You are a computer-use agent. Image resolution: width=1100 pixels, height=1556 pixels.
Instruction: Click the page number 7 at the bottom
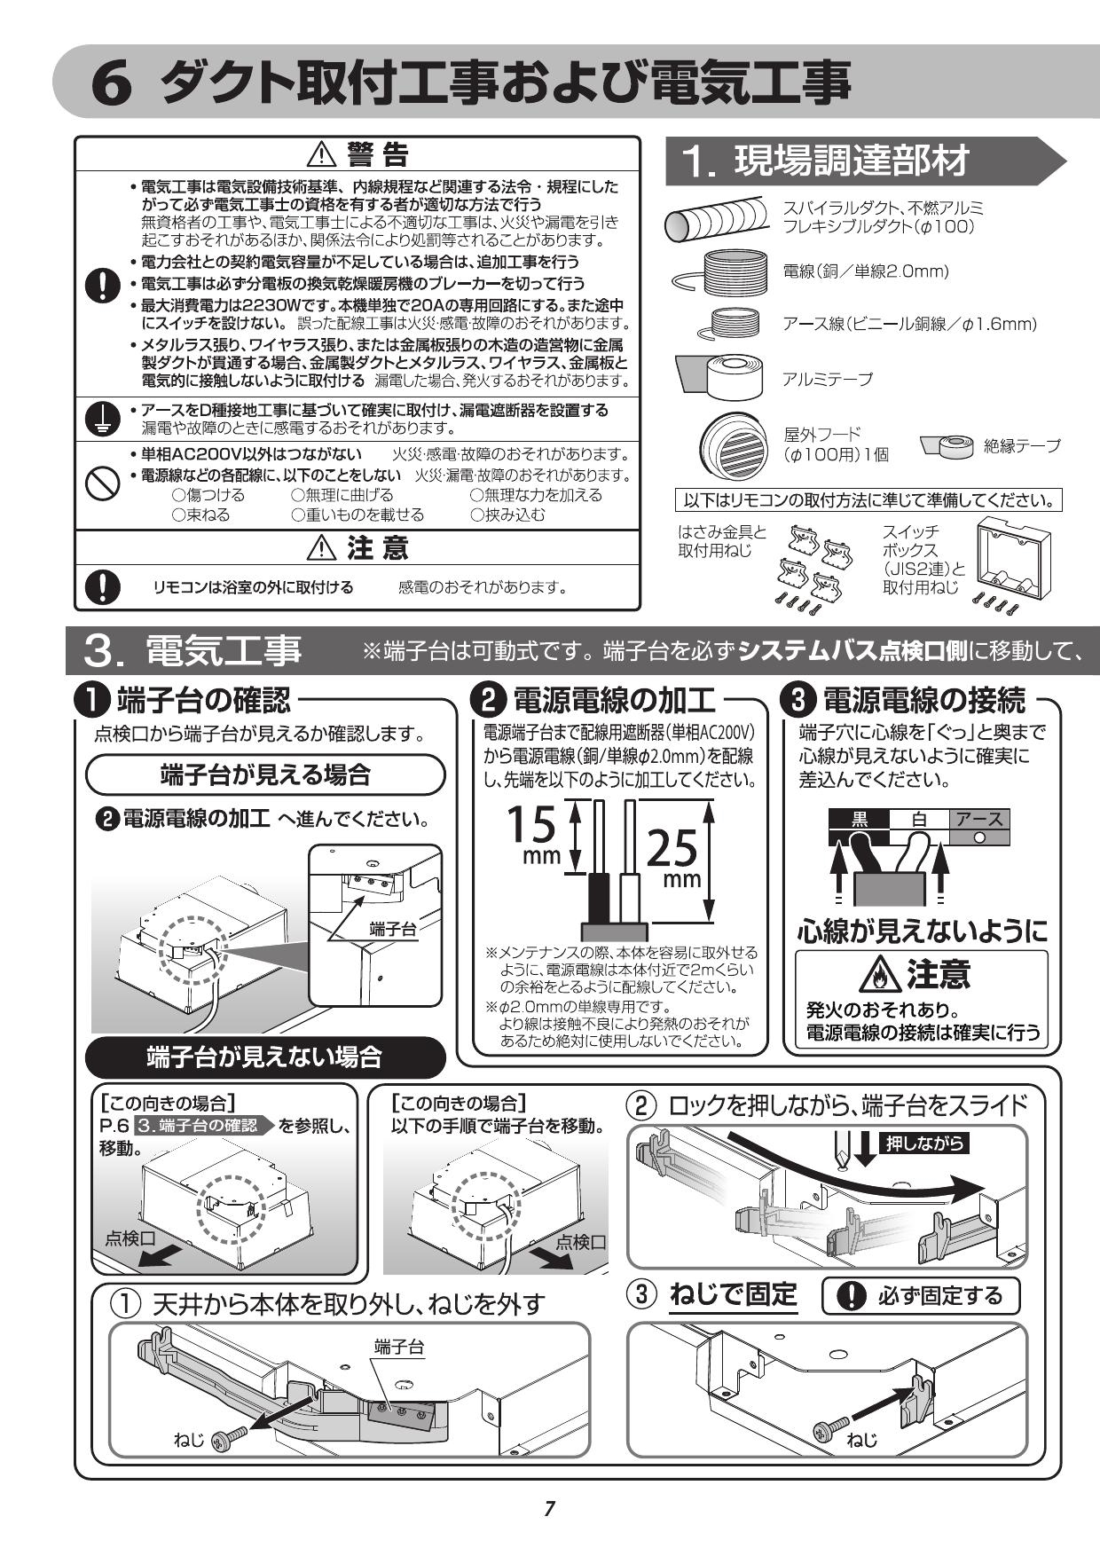pyautogui.click(x=549, y=1508)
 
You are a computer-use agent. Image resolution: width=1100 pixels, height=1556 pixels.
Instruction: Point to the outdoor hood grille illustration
pyautogui.click(x=731, y=443)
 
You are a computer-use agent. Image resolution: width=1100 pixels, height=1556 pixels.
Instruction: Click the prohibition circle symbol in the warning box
pyautogui.click(x=103, y=483)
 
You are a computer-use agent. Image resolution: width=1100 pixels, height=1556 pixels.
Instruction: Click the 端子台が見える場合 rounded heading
pyautogui.click(x=264, y=774)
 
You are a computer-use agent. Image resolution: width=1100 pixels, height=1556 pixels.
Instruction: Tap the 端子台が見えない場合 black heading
pyautogui.click(x=264, y=1057)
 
